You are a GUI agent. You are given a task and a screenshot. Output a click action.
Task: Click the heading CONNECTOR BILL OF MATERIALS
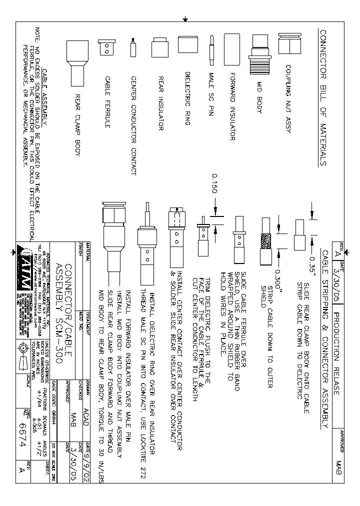click(x=323, y=97)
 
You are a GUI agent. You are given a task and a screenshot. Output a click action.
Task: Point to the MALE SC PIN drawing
click(x=212, y=49)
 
